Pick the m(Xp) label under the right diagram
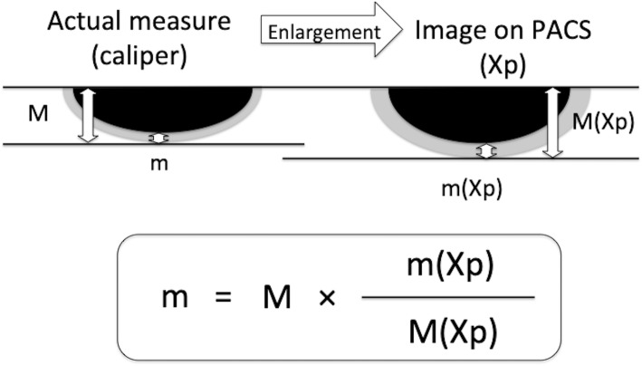pyautogui.click(x=470, y=189)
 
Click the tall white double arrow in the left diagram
pyautogui.click(x=88, y=116)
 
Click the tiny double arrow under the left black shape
pyautogui.click(x=159, y=138)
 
